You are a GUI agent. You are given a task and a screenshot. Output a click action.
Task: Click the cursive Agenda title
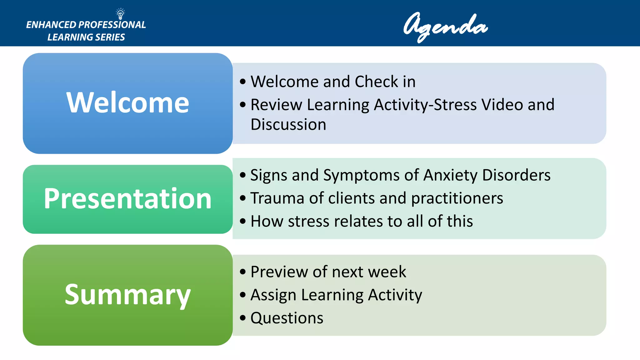click(445, 26)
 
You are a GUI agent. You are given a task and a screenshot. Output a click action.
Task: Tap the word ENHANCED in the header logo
click(51, 25)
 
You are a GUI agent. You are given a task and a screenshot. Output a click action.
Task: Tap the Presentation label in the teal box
click(128, 199)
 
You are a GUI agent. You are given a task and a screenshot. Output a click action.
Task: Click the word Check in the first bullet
click(376, 82)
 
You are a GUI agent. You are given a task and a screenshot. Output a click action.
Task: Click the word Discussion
click(288, 124)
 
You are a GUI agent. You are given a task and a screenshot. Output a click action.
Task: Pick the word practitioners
click(457, 198)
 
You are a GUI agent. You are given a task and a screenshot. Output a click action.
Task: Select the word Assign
click(273, 295)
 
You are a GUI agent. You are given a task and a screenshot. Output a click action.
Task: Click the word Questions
click(287, 318)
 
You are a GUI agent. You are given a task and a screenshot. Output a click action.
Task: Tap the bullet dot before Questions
click(243, 318)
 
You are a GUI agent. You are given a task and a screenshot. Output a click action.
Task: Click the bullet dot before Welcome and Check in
click(243, 82)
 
